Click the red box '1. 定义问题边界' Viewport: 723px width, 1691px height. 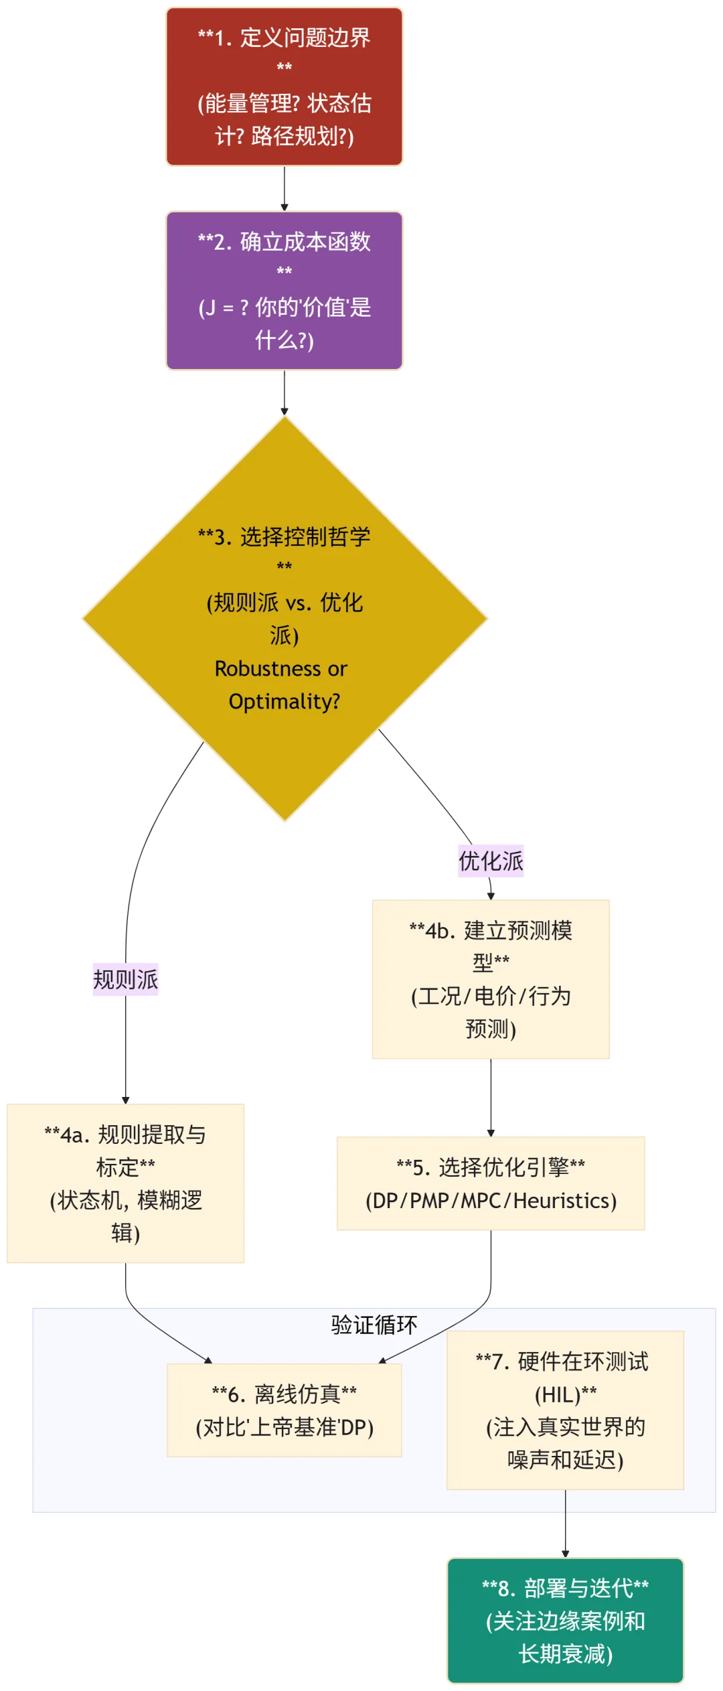(x=284, y=86)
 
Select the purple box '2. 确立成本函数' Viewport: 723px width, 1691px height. (x=284, y=291)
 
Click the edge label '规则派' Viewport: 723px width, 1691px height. (x=125, y=980)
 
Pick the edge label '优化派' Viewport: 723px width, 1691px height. (x=491, y=861)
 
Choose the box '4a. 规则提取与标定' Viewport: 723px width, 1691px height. (x=125, y=1183)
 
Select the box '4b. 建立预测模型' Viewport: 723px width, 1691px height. (x=491, y=979)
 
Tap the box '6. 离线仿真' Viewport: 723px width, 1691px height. (x=284, y=1410)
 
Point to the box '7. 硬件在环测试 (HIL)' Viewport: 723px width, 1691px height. (x=565, y=1410)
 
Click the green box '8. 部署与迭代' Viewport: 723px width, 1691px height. (x=565, y=1621)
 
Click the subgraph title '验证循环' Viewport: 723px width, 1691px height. (x=374, y=1325)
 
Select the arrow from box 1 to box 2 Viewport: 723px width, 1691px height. (x=284, y=188)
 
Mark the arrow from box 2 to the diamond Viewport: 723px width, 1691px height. (x=284, y=392)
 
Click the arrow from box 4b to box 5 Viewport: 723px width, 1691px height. (x=491, y=1097)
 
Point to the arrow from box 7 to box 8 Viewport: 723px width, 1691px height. (x=565, y=1523)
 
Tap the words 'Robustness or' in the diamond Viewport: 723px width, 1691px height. (x=281, y=668)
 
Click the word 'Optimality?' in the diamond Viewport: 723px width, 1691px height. (x=284, y=701)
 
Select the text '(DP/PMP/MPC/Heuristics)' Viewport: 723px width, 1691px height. (x=491, y=1201)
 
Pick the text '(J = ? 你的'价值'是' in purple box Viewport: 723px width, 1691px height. (x=284, y=307)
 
